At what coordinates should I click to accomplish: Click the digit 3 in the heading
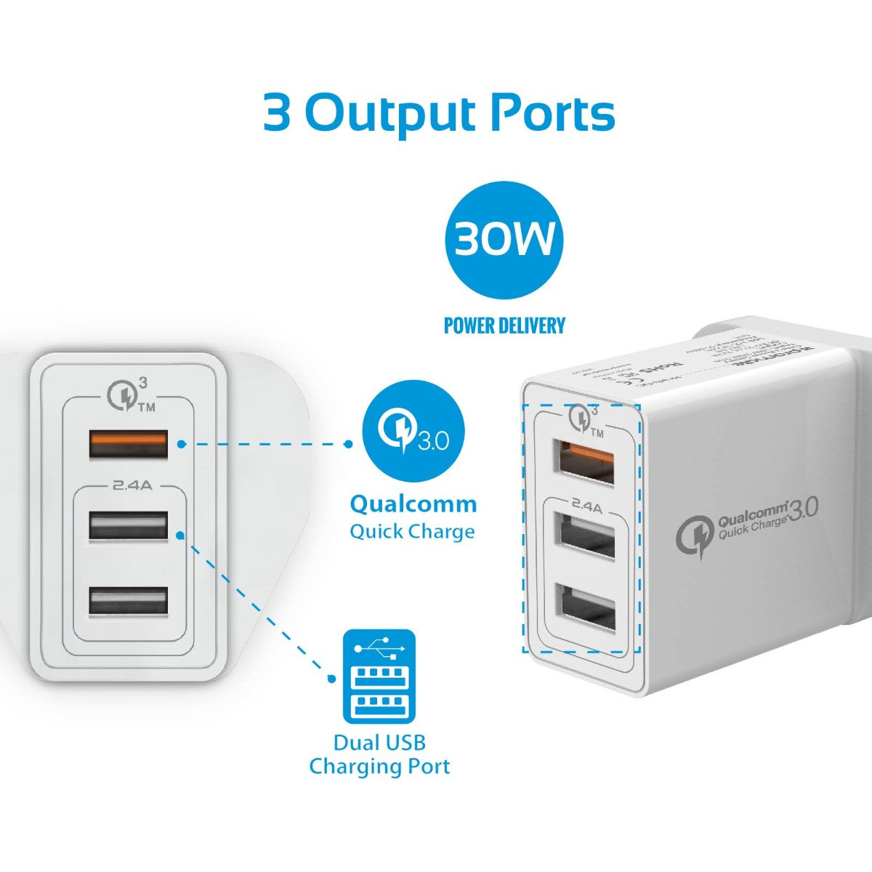coord(276,112)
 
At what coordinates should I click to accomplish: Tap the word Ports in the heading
coord(552,113)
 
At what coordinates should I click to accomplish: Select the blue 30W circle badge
coord(504,240)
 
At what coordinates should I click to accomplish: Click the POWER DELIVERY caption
coord(504,326)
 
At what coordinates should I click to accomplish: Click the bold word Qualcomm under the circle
coord(413,504)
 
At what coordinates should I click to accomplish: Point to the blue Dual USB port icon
coord(379,677)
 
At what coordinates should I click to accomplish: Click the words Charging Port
coord(379,767)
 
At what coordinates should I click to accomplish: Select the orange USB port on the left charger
coord(129,444)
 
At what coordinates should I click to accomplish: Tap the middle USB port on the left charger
coord(129,525)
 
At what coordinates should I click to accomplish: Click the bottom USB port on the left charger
coord(129,600)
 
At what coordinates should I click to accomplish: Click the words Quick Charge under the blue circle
coord(412,531)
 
